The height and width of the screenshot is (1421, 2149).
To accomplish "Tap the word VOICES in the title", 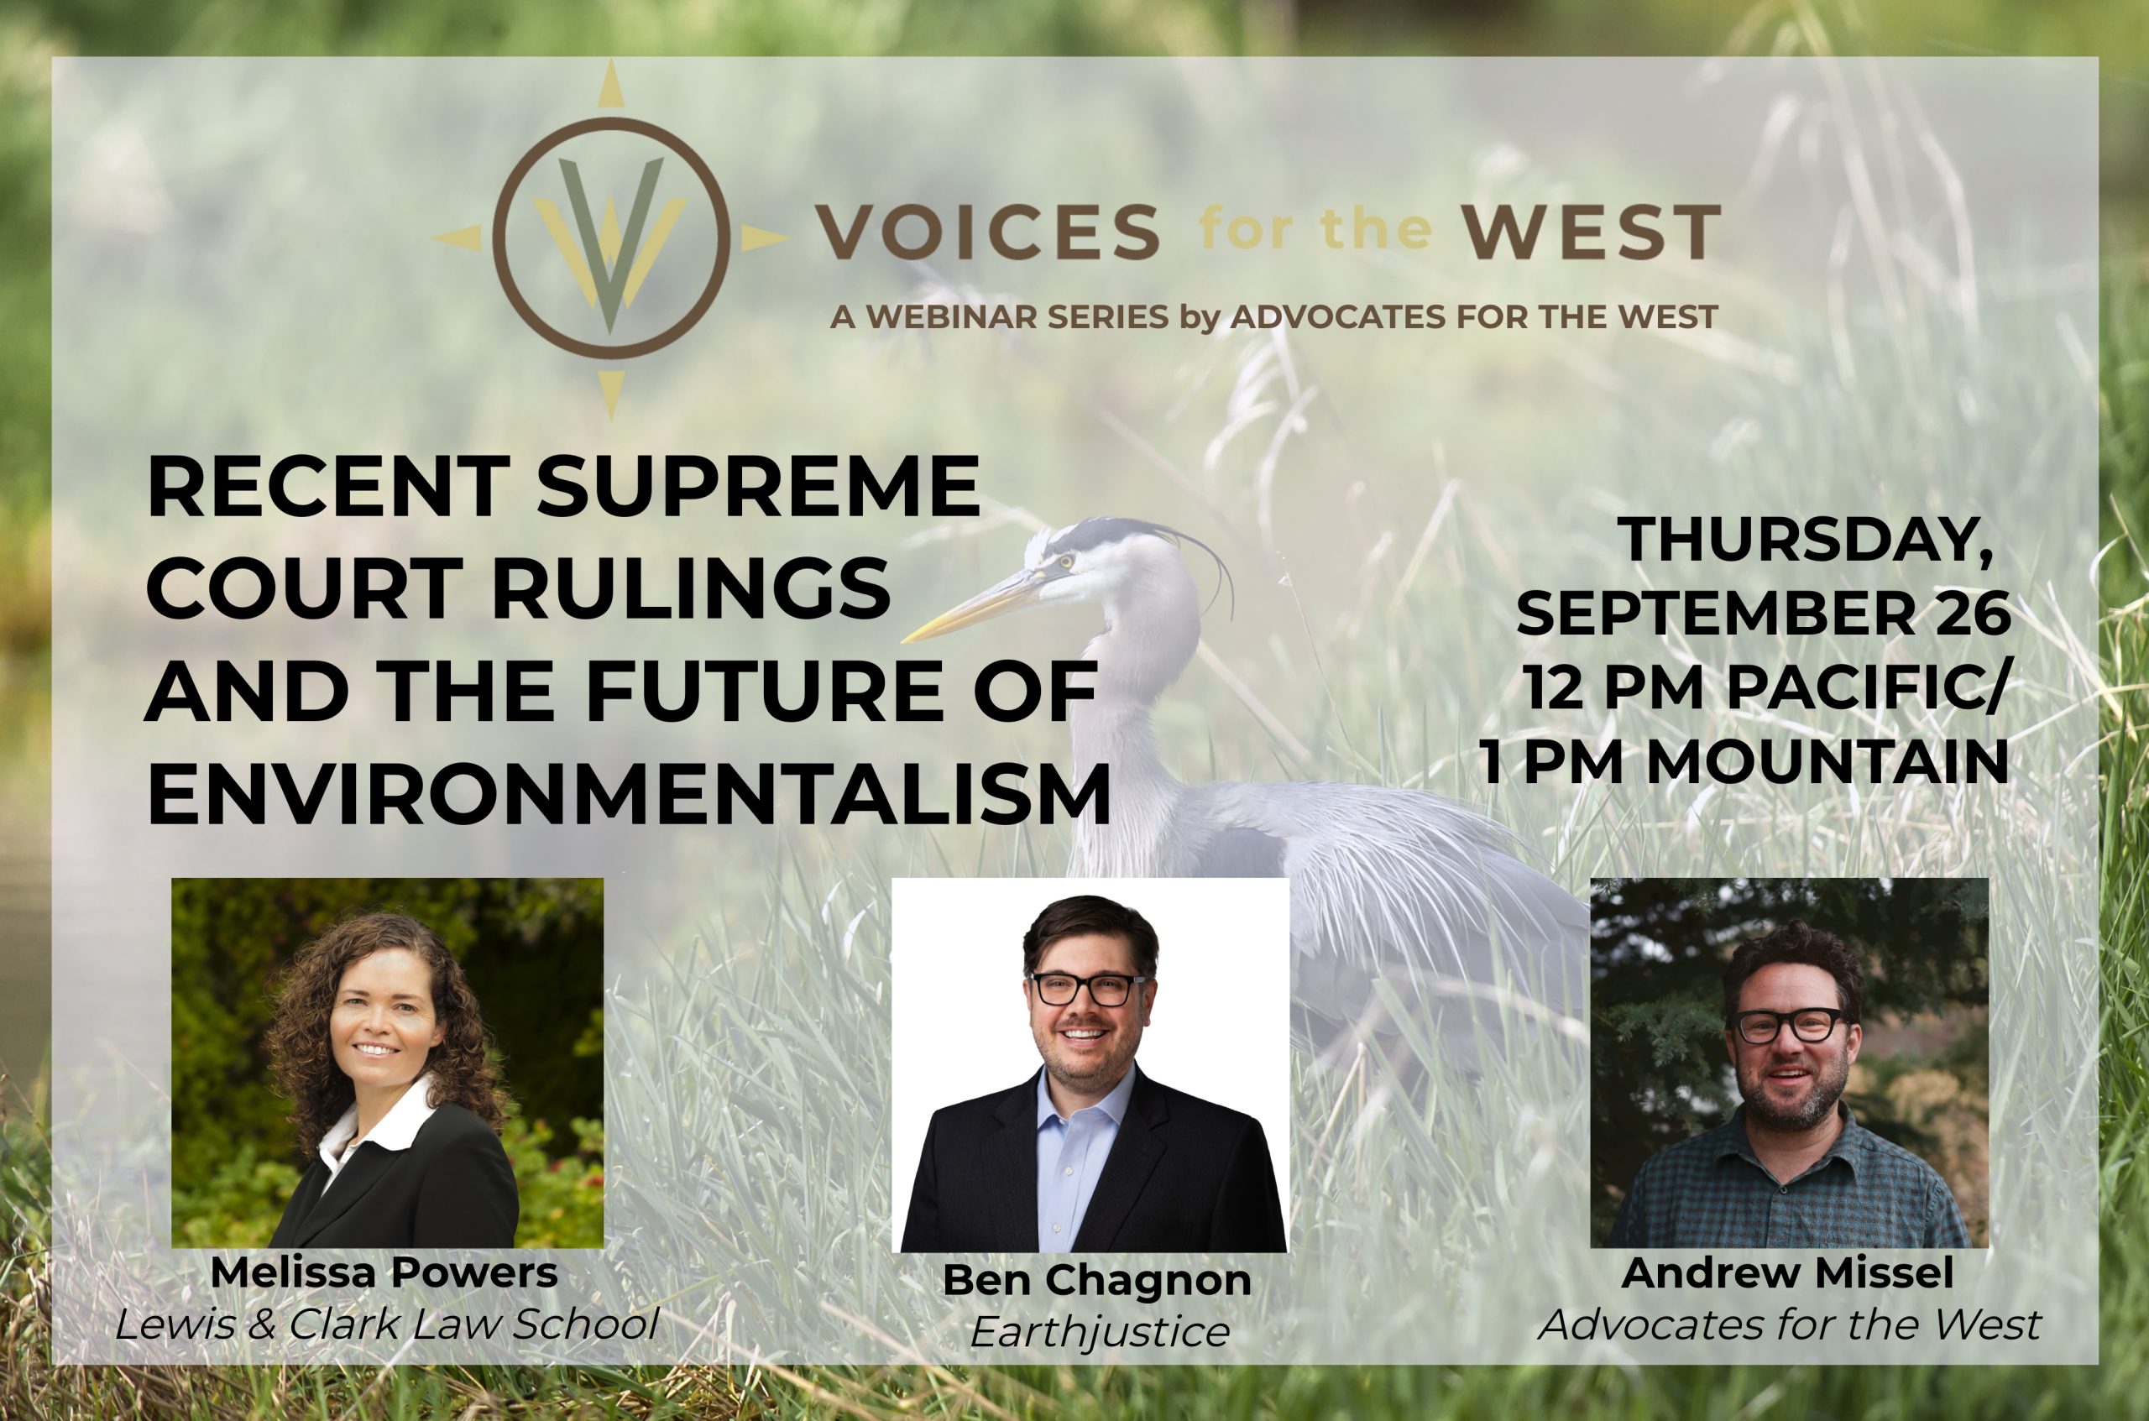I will (988, 232).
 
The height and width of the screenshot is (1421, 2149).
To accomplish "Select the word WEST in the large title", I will (1592, 232).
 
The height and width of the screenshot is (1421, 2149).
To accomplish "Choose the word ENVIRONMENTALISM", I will (628, 795).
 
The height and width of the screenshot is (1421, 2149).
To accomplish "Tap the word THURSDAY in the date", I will (1804, 541).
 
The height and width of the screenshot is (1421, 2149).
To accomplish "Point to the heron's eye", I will (1066, 561).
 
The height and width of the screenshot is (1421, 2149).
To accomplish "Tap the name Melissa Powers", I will (384, 1272).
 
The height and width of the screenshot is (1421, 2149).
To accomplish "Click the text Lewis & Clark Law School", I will (387, 1324).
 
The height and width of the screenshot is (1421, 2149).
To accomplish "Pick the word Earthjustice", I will (1100, 1331).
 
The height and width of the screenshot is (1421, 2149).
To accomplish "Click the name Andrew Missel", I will (1787, 1272).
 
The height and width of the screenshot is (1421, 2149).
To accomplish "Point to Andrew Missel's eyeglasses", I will (1788, 1025).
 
